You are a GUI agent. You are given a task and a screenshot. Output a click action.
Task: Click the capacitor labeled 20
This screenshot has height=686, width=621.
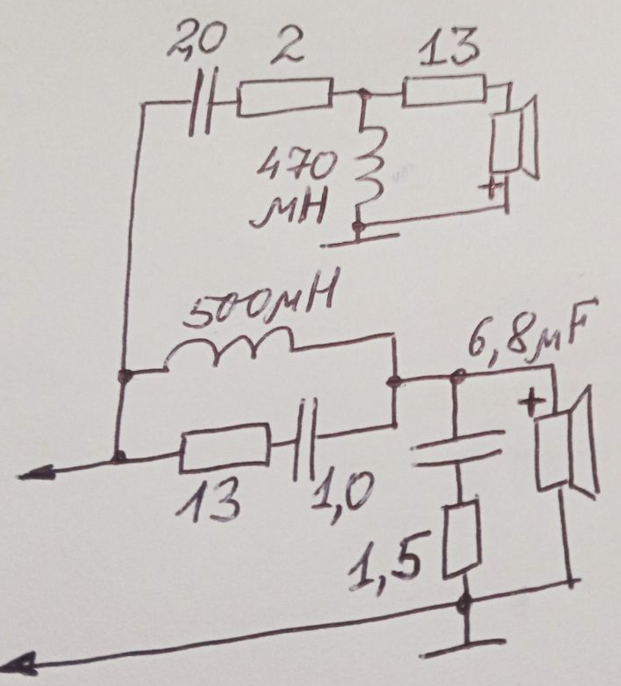pyautogui.click(x=201, y=102)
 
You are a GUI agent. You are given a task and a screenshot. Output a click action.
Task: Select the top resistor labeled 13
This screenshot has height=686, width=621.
pyautogui.click(x=444, y=91)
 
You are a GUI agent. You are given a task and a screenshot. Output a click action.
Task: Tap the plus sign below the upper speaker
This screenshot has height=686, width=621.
pyautogui.click(x=491, y=190)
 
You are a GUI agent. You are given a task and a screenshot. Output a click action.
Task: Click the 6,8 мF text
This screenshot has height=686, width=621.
pyautogui.click(x=526, y=333)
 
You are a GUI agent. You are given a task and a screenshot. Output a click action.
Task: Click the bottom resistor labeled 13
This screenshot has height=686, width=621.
pyautogui.click(x=224, y=447)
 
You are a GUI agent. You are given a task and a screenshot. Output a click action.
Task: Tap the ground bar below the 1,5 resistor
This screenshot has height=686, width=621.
pyautogui.click(x=463, y=647)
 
